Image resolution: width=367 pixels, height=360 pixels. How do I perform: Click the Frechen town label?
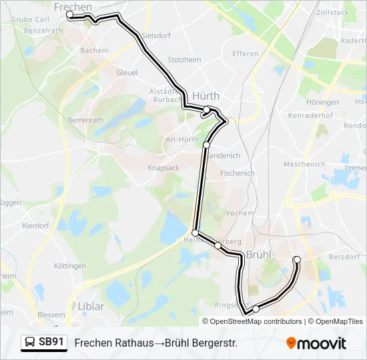pyautogui.click(x=72, y=7)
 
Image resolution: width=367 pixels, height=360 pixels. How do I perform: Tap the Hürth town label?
pyautogui.click(x=206, y=95)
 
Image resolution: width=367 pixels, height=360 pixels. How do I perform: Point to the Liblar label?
pyautogui.click(x=91, y=307)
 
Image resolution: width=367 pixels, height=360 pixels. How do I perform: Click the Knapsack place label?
pyautogui.click(x=163, y=168)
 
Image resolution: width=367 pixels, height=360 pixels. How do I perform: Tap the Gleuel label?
pyautogui.click(x=127, y=72)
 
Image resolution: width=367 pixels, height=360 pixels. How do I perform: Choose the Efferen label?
pyautogui.click(x=245, y=53)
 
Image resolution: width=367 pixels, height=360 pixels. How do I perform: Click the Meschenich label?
pyautogui.click(x=304, y=164)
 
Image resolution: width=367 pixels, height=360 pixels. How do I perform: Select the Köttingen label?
pyautogui.click(x=69, y=266)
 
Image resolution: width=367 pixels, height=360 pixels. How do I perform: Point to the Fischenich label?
pyautogui.click(x=237, y=173)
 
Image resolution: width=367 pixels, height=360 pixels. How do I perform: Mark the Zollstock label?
pyautogui.click(x=334, y=12)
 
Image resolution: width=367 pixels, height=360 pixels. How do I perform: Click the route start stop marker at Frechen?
pyautogui.click(x=70, y=14)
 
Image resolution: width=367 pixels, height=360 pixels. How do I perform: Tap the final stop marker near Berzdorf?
pyautogui.click(x=297, y=259)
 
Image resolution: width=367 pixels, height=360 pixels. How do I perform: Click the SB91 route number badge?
pyautogui.click(x=52, y=342)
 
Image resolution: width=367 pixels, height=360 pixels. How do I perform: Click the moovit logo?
pyautogui.click(x=316, y=343)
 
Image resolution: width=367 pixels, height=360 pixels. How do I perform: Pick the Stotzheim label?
pyautogui.click(x=184, y=59)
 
